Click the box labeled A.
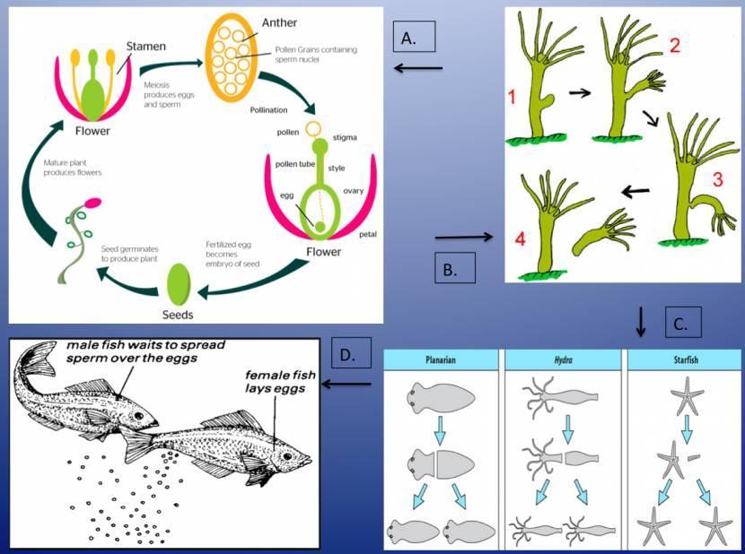414,37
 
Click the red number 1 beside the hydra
512,96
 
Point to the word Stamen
145,45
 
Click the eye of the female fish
286,456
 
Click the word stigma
345,137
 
